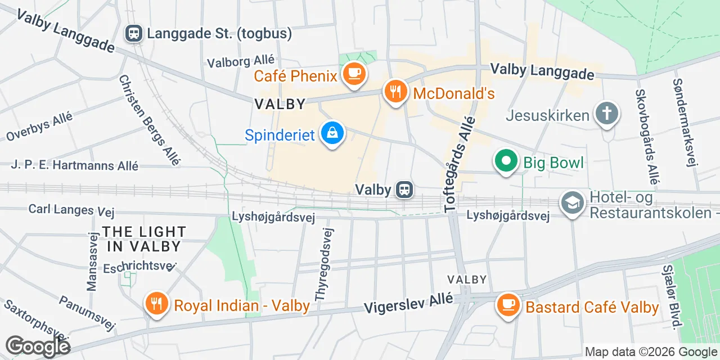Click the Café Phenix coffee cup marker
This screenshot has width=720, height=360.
pos(354,74)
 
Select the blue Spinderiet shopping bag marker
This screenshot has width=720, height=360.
pos(332,134)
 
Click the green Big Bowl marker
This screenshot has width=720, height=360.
pos(506,161)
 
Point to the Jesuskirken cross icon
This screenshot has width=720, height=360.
pos(607,113)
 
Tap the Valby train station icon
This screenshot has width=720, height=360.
pos(403,190)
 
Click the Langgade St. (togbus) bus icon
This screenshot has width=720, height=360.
pos(134,33)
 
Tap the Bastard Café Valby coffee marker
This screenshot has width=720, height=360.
pos(508,305)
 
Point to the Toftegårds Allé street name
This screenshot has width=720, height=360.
pos(459,168)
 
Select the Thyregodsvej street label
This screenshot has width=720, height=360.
pos(325,264)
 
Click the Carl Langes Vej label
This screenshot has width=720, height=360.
pos(71,210)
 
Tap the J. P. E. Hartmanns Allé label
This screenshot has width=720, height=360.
pos(74,165)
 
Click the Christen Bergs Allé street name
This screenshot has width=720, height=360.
pos(149,120)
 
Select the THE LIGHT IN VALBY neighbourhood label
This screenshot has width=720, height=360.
pos(144,239)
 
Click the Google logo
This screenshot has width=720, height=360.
pos(38,346)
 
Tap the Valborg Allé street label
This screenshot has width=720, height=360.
pos(241,61)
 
